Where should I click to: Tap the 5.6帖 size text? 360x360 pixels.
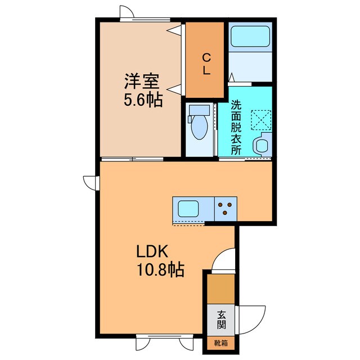pyautogui.click(x=143, y=101)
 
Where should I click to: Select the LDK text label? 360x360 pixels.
pyautogui.click(x=151, y=251)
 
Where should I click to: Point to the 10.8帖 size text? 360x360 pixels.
pyautogui.click(x=160, y=270)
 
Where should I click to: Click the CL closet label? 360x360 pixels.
pyautogui.click(x=206, y=64)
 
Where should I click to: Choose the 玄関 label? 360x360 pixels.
pyautogui.click(x=221, y=319)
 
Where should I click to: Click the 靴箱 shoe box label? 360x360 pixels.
pyautogui.click(x=221, y=342)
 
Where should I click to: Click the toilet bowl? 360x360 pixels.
pyautogui.click(x=199, y=127)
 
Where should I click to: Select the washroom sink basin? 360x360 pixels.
pyautogui.click(x=262, y=146)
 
